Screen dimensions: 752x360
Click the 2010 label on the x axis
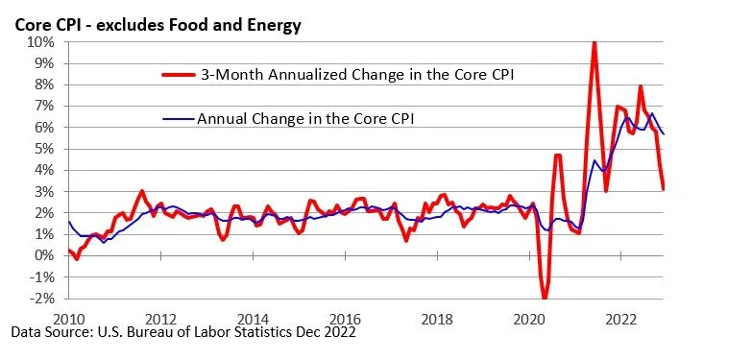(68, 319)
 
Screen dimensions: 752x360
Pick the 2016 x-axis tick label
(346, 319)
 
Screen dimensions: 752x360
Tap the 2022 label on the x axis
(622, 319)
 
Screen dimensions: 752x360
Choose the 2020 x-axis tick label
(529, 319)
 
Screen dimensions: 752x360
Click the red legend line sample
(178, 75)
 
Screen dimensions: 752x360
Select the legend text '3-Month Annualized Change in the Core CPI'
(357, 75)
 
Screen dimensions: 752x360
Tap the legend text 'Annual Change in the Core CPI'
(305, 118)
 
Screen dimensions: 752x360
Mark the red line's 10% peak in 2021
(594, 42)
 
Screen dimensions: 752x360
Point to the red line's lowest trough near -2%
(545, 297)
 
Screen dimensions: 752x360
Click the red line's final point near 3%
(663, 189)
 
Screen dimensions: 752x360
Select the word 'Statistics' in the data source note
(263, 332)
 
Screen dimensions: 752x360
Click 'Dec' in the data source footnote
(308, 332)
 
